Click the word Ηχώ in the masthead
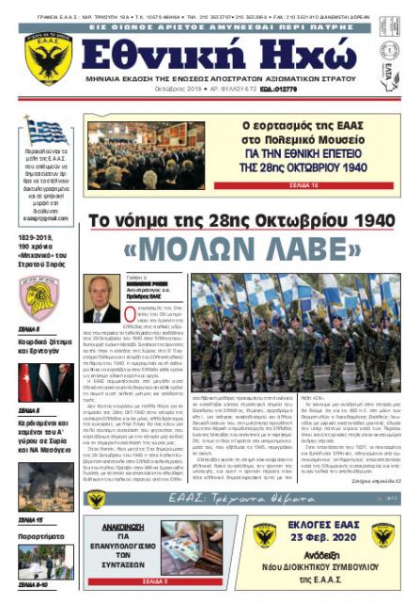[x=277, y=57]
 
